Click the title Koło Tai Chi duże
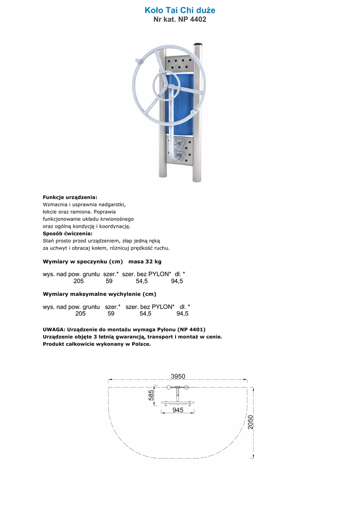180,10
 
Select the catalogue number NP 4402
191,20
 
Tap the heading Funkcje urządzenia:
70,197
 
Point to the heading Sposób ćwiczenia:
68,233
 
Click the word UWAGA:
54,329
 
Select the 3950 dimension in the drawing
178,376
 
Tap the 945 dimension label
178,410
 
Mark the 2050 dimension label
251,423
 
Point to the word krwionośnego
113,219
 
